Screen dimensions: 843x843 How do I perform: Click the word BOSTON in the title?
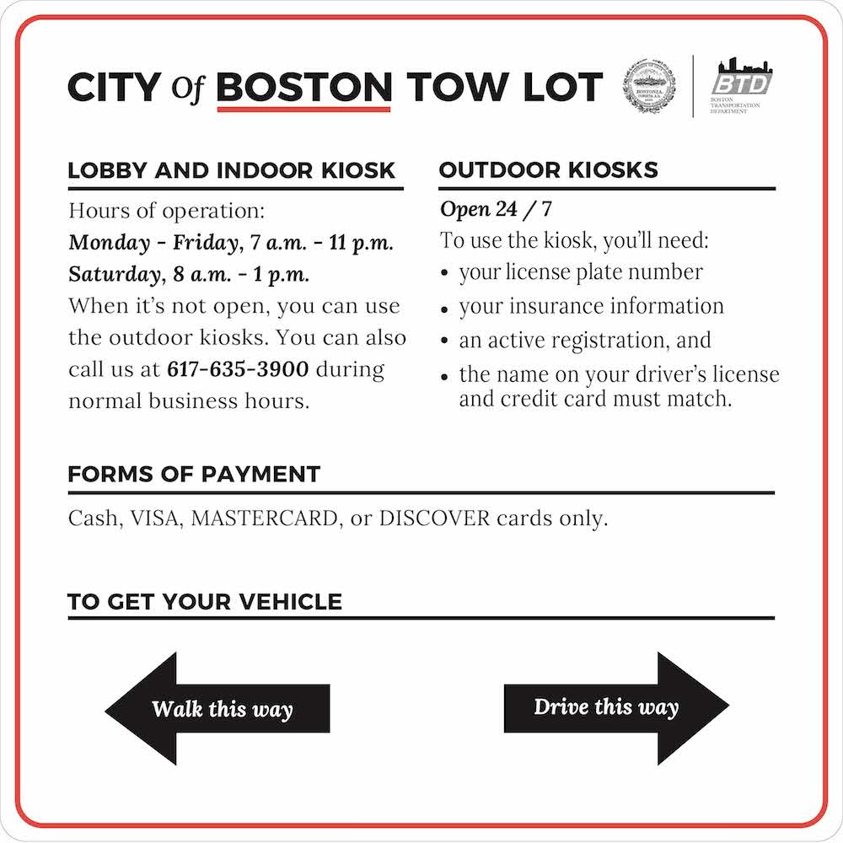coord(304,86)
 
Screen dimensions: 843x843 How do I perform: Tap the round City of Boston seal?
coord(651,86)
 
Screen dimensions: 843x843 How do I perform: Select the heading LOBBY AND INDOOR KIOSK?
coord(231,169)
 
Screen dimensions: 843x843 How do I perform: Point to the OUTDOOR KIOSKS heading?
coord(548,169)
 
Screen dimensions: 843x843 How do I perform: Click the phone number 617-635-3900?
coord(239,369)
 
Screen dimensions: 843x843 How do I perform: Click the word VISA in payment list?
coord(156,518)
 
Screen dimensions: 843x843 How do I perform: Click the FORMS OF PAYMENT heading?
coord(194,474)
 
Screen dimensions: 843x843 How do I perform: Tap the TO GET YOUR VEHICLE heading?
coord(205,602)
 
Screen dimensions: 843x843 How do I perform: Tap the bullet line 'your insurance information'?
coord(591,306)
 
